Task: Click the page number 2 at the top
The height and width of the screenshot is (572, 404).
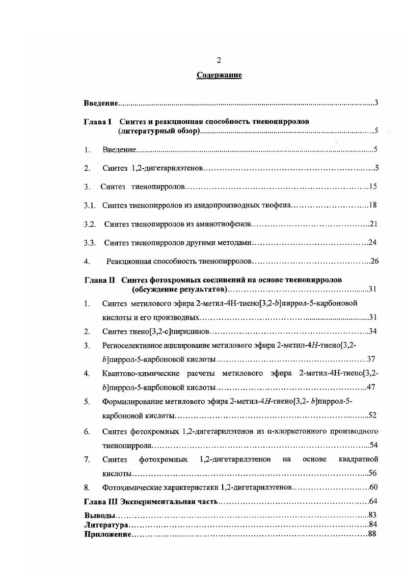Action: click(x=219, y=60)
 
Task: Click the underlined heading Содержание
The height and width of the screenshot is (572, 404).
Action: click(x=219, y=75)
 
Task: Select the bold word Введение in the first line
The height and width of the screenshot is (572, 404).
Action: click(x=101, y=103)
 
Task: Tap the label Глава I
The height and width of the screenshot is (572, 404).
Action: click(x=97, y=122)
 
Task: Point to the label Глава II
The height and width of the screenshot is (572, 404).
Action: click(x=99, y=280)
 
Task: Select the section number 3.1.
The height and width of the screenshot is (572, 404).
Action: click(x=90, y=205)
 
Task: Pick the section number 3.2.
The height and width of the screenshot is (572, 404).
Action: click(x=90, y=224)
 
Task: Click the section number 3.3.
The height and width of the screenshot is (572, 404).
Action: click(x=90, y=243)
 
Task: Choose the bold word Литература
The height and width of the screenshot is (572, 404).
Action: click(x=105, y=525)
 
